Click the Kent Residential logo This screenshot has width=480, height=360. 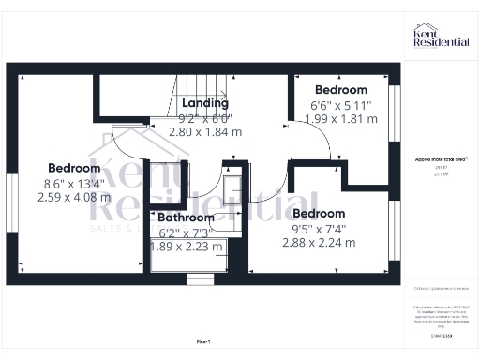441,37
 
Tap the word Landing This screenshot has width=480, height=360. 205,102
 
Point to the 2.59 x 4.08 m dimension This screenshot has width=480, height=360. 74,198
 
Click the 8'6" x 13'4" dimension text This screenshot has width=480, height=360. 74,184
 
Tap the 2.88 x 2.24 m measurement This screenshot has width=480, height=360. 319,242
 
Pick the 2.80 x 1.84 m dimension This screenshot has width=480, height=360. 205,132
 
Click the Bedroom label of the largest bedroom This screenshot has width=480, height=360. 74,169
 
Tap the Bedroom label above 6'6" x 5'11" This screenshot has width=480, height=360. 340,90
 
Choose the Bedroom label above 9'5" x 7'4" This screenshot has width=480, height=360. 319,213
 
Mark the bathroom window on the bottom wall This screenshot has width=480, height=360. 200,278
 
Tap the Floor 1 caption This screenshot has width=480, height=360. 203,343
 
